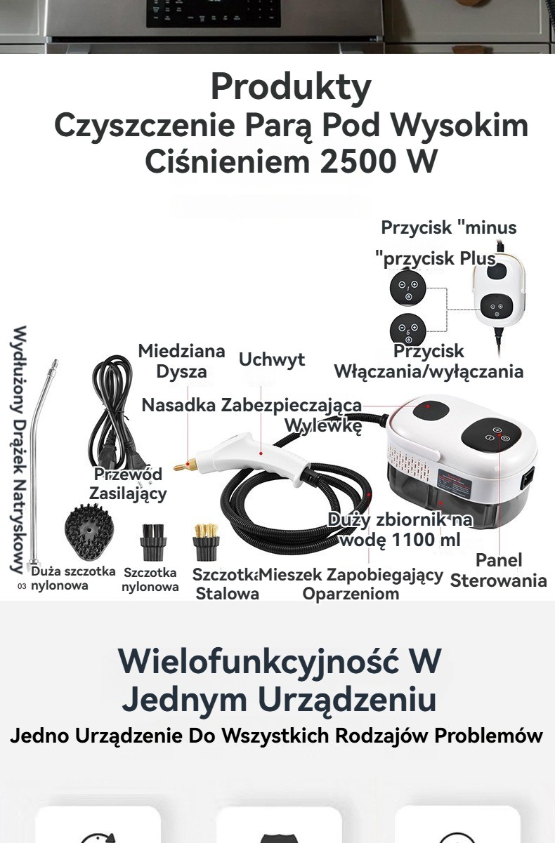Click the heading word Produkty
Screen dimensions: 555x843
coord(291,87)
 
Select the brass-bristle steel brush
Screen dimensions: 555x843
coord(206,542)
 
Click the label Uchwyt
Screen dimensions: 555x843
coord(272,359)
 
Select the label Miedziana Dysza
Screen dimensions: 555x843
coord(182,361)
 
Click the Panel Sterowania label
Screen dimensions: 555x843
coord(499,571)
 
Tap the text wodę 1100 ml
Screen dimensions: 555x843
coord(400,540)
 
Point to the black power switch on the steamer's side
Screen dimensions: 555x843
coord(528,479)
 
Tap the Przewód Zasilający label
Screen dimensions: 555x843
coord(128,484)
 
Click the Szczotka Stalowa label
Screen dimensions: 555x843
coord(226,584)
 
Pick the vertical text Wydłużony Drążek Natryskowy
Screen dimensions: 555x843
coord(19,449)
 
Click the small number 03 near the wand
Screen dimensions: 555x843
coord(22,586)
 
